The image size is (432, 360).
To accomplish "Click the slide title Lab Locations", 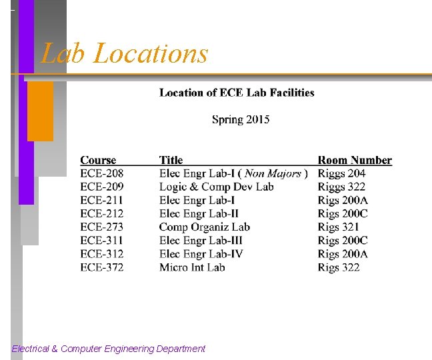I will click(x=125, y=53).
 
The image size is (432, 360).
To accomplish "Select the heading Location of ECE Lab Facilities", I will click(x=237, y=93).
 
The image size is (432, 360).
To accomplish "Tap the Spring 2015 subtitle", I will click(x=241, y=119).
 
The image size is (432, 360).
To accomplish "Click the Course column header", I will click(x=98, y=160).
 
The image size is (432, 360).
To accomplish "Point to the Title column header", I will click(x=171, y=160).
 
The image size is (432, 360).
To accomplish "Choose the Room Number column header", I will click(x=355, y=160).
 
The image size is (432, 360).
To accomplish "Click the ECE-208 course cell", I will click(x=102, y=173).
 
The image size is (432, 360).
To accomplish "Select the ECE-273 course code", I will click(x=102, y=227).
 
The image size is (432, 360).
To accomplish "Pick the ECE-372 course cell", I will click(x=102, y=267).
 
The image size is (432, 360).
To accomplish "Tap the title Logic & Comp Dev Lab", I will click(x=217, y=187).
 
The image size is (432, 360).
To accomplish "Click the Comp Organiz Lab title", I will click(x=205, y=227).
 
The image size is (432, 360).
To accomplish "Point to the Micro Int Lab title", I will click(x=192, y=267).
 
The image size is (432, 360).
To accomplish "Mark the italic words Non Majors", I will click(x=273, y=173).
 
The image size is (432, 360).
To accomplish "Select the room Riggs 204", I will click(x=341, y=173).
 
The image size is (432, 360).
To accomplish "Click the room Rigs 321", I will click(x=339, y=227).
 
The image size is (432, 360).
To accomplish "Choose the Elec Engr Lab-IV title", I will click(x=201, y=254).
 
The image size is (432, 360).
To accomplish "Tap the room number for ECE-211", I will click(x=343, y=200).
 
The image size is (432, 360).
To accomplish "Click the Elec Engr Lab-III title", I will click(x=201, y=240).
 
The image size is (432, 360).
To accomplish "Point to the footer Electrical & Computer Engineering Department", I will click(x=109, y=349).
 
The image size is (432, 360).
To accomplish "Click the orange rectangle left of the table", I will click(x=40, y=111).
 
